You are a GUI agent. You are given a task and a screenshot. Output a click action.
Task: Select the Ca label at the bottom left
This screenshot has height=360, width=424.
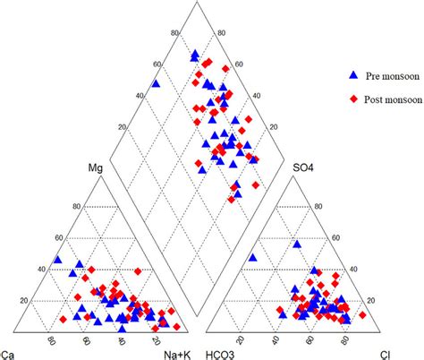8,352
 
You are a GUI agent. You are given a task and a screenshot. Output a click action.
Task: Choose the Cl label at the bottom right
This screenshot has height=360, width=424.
387,352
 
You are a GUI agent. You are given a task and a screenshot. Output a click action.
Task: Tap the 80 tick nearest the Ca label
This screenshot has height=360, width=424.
52,339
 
